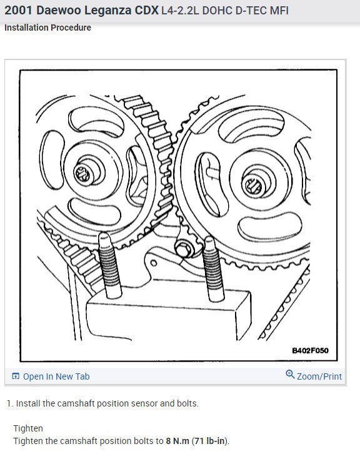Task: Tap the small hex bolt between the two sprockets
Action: (x=184, y=248)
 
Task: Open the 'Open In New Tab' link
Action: (x=56, y=376)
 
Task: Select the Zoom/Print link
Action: (x=319, y=376)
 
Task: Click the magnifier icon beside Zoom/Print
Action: (x=290, y=375)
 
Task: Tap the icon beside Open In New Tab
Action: (x=16, y=376)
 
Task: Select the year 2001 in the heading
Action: (x=18, y=11)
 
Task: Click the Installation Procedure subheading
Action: (x=47, y=28)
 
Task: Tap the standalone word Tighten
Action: (x=28, y=428)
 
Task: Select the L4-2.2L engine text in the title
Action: (x=184, y=11)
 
